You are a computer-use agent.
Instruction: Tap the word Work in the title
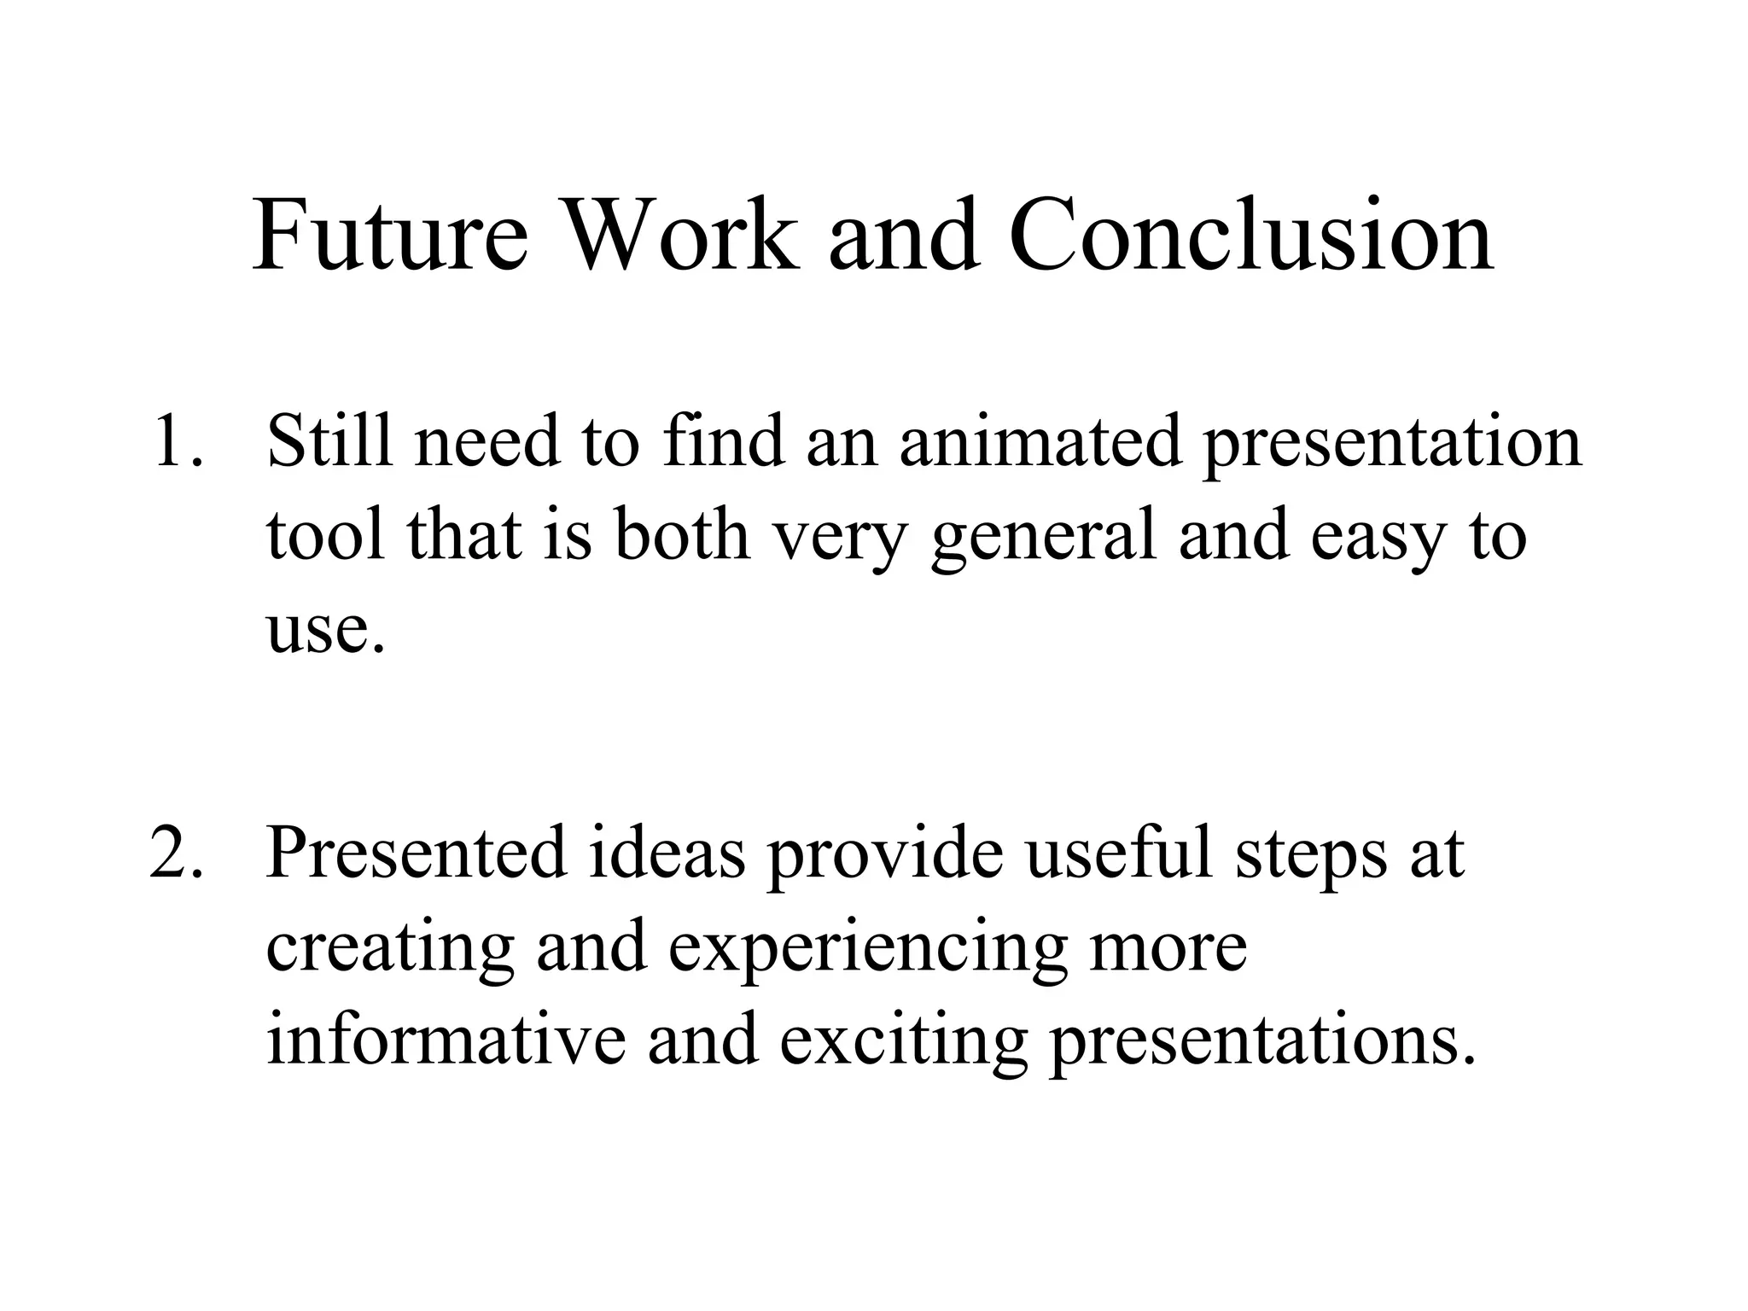coord(679,236)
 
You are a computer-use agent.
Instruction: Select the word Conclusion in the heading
coord(1250,236)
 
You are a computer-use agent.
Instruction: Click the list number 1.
coord(176,441)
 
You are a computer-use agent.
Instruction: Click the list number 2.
coord(176,853)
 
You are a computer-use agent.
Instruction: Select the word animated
coord(1040,441)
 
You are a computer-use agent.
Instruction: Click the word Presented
coord(417,853)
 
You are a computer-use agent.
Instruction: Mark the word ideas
coord(667,853)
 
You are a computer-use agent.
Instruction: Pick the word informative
coord(446,1041)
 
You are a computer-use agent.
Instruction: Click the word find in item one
coord(723,441)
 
